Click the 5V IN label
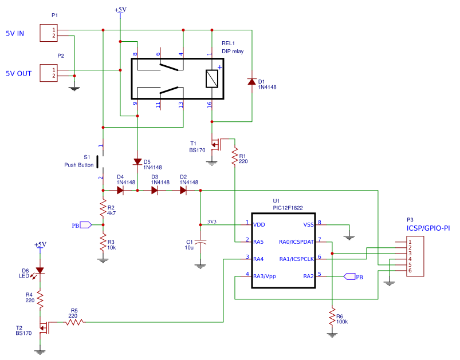[15, 33]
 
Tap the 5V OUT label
[18, 73]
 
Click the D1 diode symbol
[251, 81]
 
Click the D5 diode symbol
[137, 162]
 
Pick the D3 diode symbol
[155, 190]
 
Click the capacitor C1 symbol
[200, 244]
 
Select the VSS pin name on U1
[308, 224]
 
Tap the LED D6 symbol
[40, 271]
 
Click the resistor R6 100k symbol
[332, 317]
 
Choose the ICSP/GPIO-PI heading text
[427, 228]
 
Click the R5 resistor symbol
[74, 322]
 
